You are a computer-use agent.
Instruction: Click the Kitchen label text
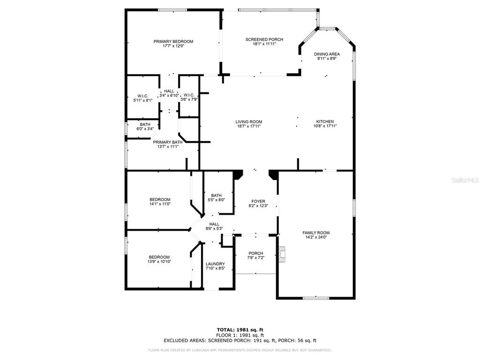pyautogui.click(x=325, y=121)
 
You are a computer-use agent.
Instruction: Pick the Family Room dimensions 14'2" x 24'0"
pyautogui.click(x=316, y=237)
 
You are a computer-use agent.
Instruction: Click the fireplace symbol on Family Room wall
pyautogui.click(x=281, y=254)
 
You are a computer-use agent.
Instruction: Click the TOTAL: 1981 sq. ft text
pyautogui.click(x=240, y=330)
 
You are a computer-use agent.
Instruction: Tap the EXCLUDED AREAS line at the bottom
pyautogui.click(x=240, y=340)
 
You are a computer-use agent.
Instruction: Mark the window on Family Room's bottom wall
pyautogui.click(x=316, y=298)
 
